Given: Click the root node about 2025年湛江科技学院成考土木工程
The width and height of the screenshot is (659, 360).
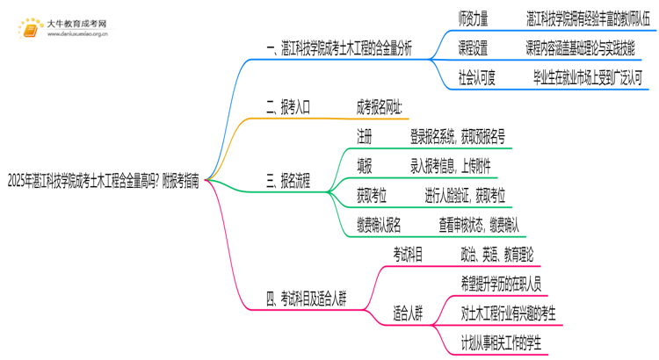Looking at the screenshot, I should click(102, 183).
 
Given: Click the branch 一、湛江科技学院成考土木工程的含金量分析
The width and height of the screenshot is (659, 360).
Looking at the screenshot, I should click(338, 48).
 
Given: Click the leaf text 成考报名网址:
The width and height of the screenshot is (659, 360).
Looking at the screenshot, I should click(380, 108).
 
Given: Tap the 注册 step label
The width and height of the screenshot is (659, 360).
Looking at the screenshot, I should click(365, 137).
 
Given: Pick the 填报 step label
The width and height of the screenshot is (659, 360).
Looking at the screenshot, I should click(365, 167).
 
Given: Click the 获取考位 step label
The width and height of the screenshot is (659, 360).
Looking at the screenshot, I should click(372, 196).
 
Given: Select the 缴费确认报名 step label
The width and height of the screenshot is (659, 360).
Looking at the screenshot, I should click(380, 226).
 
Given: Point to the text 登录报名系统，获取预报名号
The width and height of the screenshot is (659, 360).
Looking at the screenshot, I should click(457, 137).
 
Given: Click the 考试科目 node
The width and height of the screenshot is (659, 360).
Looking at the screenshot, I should click(408, 255).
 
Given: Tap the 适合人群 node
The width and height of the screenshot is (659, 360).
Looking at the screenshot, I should click(408, 313).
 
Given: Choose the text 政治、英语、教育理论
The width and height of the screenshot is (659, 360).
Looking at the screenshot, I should click(496, 255).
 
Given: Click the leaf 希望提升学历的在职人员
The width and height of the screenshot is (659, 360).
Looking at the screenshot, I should click(501, 284).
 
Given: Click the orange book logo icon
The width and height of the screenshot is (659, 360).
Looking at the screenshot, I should click(30, 28).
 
